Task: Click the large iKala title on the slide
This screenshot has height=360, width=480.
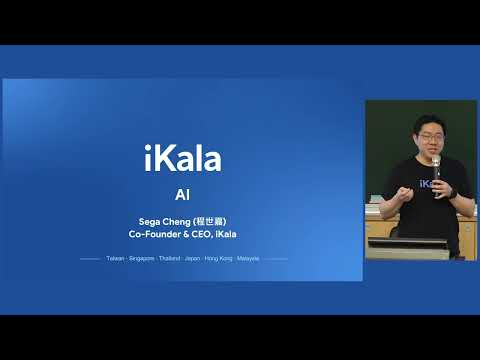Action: [x=182, y=159]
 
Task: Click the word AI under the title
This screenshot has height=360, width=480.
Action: [x=182, y=194]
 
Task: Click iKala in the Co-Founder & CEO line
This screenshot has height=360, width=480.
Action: [x=225, y=234]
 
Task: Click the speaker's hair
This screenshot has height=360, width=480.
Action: [x=427, y=122]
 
